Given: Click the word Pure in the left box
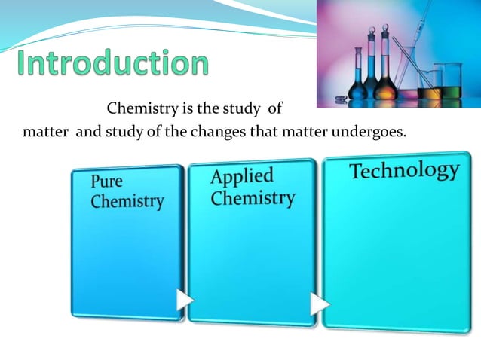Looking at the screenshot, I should [107, 182].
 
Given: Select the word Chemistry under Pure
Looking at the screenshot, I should [127, 201].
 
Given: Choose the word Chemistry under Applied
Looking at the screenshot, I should [253, 198].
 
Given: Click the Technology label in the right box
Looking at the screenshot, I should [404, 170].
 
